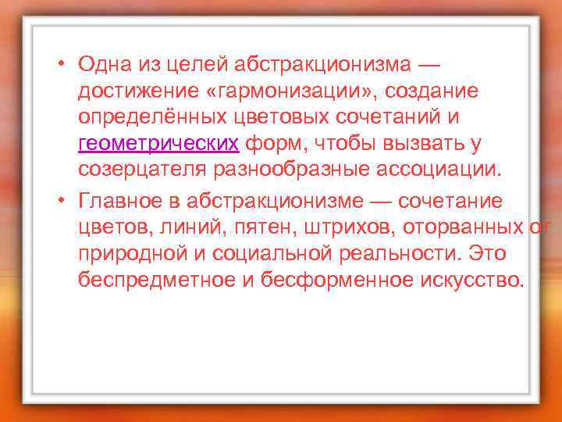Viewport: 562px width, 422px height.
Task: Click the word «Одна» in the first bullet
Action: tap(106, 63)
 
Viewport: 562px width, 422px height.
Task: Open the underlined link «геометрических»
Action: tap(158, 145)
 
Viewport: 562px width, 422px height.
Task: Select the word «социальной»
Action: tap(265, 253)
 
